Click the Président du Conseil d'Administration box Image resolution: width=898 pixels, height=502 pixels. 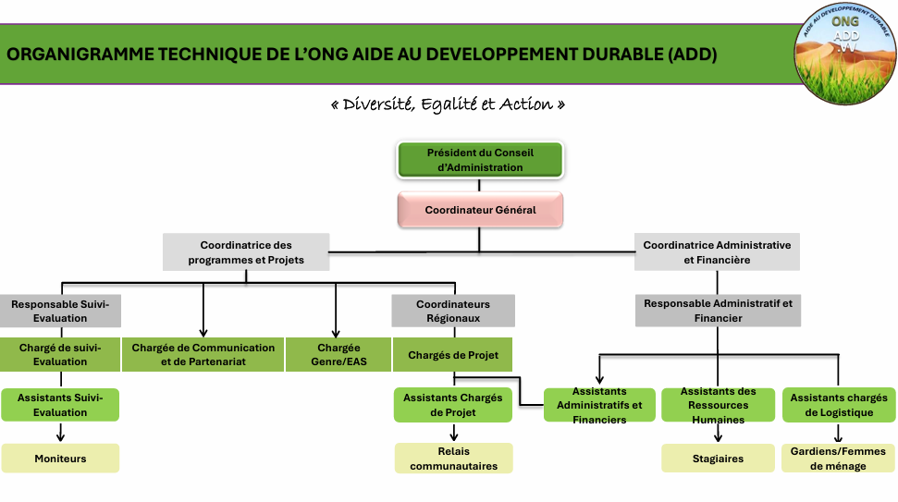(x=480, y=160)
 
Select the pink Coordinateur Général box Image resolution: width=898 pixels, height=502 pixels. (x=480, y=210)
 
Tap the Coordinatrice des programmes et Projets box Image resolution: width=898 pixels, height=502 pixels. (x=246, y=252)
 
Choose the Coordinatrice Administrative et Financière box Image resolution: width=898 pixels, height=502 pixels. (x=717, y=252)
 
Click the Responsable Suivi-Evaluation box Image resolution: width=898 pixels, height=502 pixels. (x=61, y=311)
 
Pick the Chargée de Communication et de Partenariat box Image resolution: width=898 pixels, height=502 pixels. (x=203, y=355)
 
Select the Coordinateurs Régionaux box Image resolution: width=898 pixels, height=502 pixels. (x=453, y=311)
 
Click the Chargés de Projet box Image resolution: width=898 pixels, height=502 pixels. (x=453, y=355)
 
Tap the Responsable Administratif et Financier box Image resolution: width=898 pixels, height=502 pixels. (x=718, y=311)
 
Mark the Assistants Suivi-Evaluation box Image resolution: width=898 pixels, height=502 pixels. (x=61, y=405)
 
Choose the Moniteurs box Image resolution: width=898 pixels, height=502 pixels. (x=61, y=459)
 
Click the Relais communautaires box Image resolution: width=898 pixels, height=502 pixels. (x=453, y=459)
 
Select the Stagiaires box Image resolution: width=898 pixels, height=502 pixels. (x=718, y=459)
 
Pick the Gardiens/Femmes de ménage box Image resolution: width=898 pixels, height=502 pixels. (x=838, y=459)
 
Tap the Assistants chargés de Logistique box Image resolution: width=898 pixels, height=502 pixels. (x=838, y=405)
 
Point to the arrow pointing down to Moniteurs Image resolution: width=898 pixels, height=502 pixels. (x=61, y=432)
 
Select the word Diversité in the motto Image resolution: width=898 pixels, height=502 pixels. (x=376, y=104)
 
